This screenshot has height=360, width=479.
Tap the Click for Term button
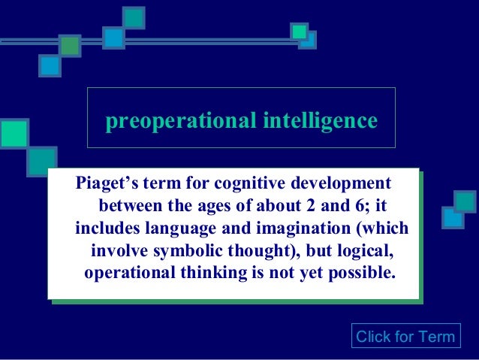point(405,336)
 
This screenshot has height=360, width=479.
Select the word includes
point(104,228)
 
